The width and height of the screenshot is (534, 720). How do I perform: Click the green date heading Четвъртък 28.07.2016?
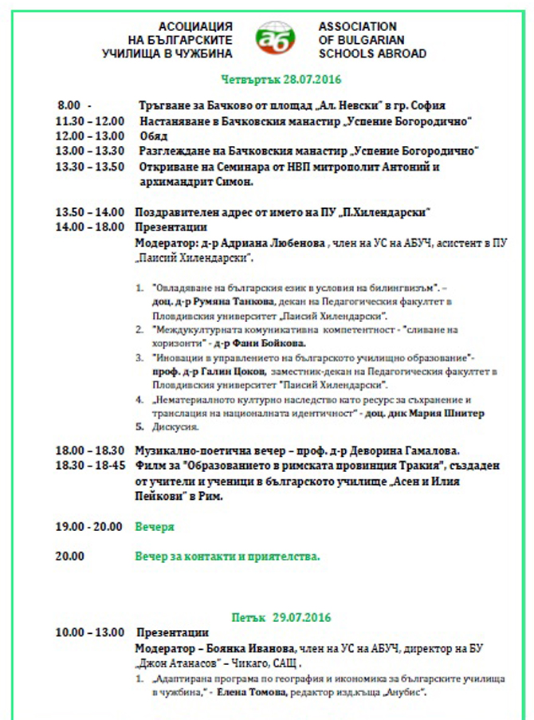coord(282,80)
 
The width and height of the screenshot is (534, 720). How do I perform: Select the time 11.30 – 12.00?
coord(89,121)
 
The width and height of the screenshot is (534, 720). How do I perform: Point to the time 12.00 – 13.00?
coord(89,136)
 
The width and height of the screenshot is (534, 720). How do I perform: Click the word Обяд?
coord(153,136)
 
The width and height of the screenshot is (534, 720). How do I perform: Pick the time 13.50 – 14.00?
coord(89,212)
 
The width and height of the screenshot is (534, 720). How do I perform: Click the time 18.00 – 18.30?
coord(89,450)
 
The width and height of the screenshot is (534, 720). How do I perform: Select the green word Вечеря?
coord(155,527)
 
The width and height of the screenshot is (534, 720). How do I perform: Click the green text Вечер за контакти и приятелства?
coord(227,557)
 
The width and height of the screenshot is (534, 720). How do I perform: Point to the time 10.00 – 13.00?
coord(89,633)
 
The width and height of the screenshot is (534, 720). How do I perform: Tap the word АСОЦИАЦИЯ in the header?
coord(195,26)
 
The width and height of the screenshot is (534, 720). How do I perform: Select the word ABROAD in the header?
coord(402,54)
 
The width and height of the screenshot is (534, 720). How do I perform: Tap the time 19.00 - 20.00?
coord(89,527)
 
